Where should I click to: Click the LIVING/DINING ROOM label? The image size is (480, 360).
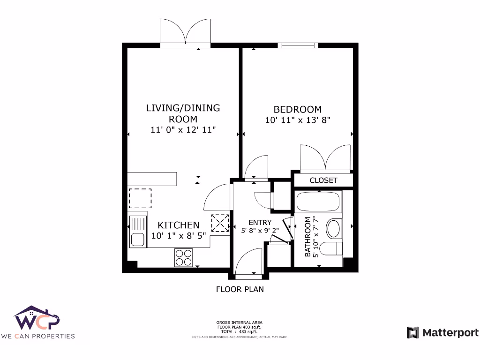183,113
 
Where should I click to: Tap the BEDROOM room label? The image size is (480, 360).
298,109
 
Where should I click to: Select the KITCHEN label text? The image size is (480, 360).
178,225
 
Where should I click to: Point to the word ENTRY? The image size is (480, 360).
260,222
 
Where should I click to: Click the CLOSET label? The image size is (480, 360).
323,180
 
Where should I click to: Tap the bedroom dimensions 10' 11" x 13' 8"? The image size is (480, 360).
298,120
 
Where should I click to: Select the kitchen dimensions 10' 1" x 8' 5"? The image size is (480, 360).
178,235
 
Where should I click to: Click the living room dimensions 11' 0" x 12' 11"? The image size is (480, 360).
183,130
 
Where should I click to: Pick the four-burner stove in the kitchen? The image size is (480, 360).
183,257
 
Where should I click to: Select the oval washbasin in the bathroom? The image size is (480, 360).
334,229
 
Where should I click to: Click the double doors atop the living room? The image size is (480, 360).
185,33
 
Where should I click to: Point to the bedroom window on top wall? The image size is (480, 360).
298,45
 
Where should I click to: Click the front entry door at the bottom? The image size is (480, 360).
248,262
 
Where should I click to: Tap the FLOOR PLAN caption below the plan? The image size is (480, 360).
240,289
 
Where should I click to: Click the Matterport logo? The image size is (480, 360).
442,333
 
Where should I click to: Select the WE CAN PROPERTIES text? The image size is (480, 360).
37,336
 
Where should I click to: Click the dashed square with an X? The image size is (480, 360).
219,223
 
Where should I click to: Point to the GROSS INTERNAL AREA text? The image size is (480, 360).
239,322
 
